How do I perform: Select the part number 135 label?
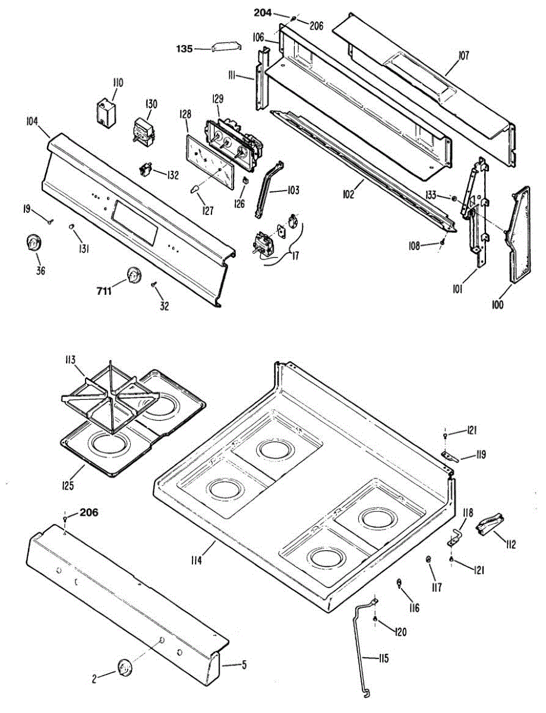184,49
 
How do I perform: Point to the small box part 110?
107,112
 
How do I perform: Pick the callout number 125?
68,485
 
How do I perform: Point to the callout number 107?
463,56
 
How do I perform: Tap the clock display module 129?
231,143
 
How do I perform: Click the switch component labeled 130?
143,130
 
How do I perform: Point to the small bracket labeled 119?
453,456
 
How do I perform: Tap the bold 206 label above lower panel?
89,512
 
